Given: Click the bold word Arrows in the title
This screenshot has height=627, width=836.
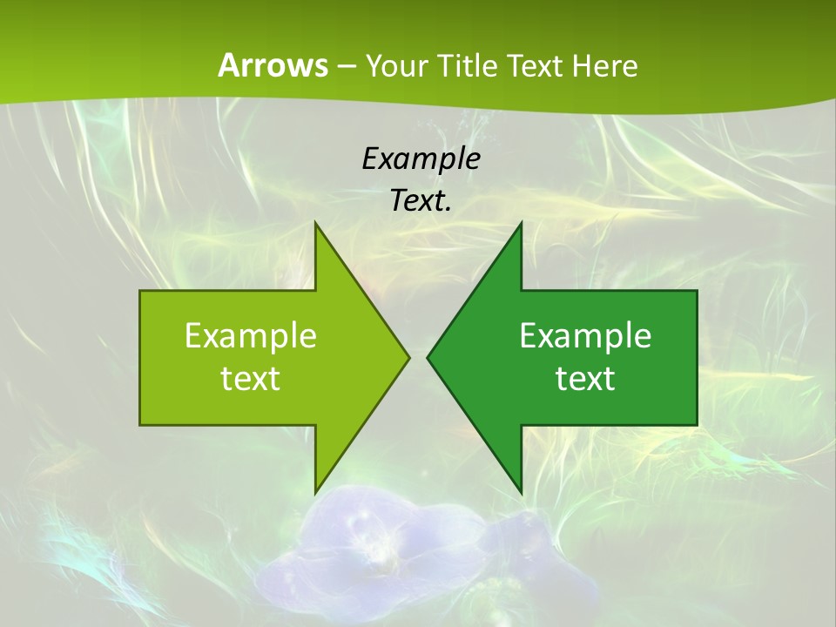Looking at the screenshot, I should pyautogui.click(x=272, y=65).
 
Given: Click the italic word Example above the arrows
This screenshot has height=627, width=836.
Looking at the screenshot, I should pyautogui.click(x=421, y=158).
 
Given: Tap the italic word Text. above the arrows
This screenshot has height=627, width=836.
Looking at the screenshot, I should pyautogui.click(x=419, y=200).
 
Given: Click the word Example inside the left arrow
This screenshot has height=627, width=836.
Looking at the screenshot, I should pyautogui.click(x=251, y=335).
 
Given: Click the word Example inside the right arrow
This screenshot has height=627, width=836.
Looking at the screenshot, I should pyautogui.click(x=585, y=335).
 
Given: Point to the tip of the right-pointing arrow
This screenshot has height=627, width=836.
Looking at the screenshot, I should pyautogui.click(x=408, y=357).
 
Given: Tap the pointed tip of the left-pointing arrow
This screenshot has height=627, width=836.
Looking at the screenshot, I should pyautogui.click(x=428, y=357).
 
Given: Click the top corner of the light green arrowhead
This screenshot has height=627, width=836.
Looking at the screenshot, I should pyautogui.click(x=316, y=224).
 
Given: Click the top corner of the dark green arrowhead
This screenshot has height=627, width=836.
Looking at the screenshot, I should pyautogui.click(x=520, y=224).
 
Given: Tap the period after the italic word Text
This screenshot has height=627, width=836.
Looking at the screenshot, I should pyautogui.click(x=448, y=209).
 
